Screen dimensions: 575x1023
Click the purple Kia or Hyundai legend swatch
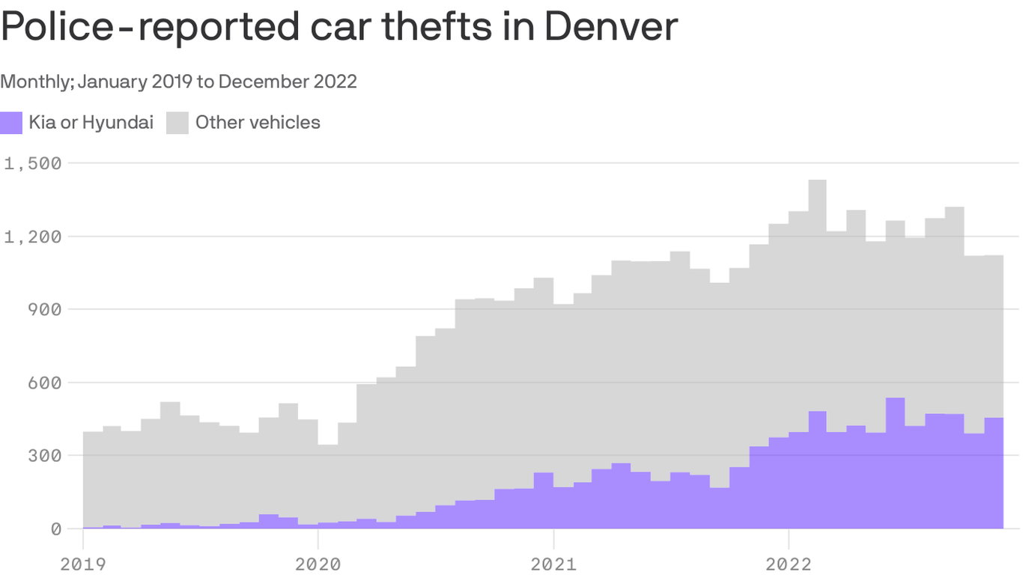pyautogui.click(x=11, y=123)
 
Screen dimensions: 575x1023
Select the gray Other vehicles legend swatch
pyautogui.click(x=177, y=123)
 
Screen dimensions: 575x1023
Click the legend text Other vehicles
pyautogui.click(x=258, y=123)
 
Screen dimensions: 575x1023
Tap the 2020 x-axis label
pyautogui.click(x=318, y=563)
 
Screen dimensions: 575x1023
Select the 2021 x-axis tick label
pyautogui.click(x=553, y=563)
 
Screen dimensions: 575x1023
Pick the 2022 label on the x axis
pyautogui.click(x=788, y=563)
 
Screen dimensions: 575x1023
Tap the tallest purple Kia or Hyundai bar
pyautogui.click(x=895, y=464)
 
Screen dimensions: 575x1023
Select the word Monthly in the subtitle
pyautogui.click(x=35, y=81)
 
